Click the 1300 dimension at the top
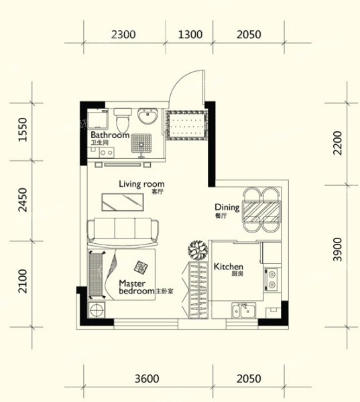190,34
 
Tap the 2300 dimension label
123,34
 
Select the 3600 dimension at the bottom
147,379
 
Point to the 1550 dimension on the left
23,129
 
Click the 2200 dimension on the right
337,143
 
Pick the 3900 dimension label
337,249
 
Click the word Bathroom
110,135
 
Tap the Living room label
141,184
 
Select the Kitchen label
228,267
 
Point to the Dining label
227,207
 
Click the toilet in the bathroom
123,120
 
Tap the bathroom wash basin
147,116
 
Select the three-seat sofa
123,232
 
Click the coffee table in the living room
123,202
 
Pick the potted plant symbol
198,250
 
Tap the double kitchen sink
244,310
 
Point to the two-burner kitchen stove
271,279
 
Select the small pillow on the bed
141,267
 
